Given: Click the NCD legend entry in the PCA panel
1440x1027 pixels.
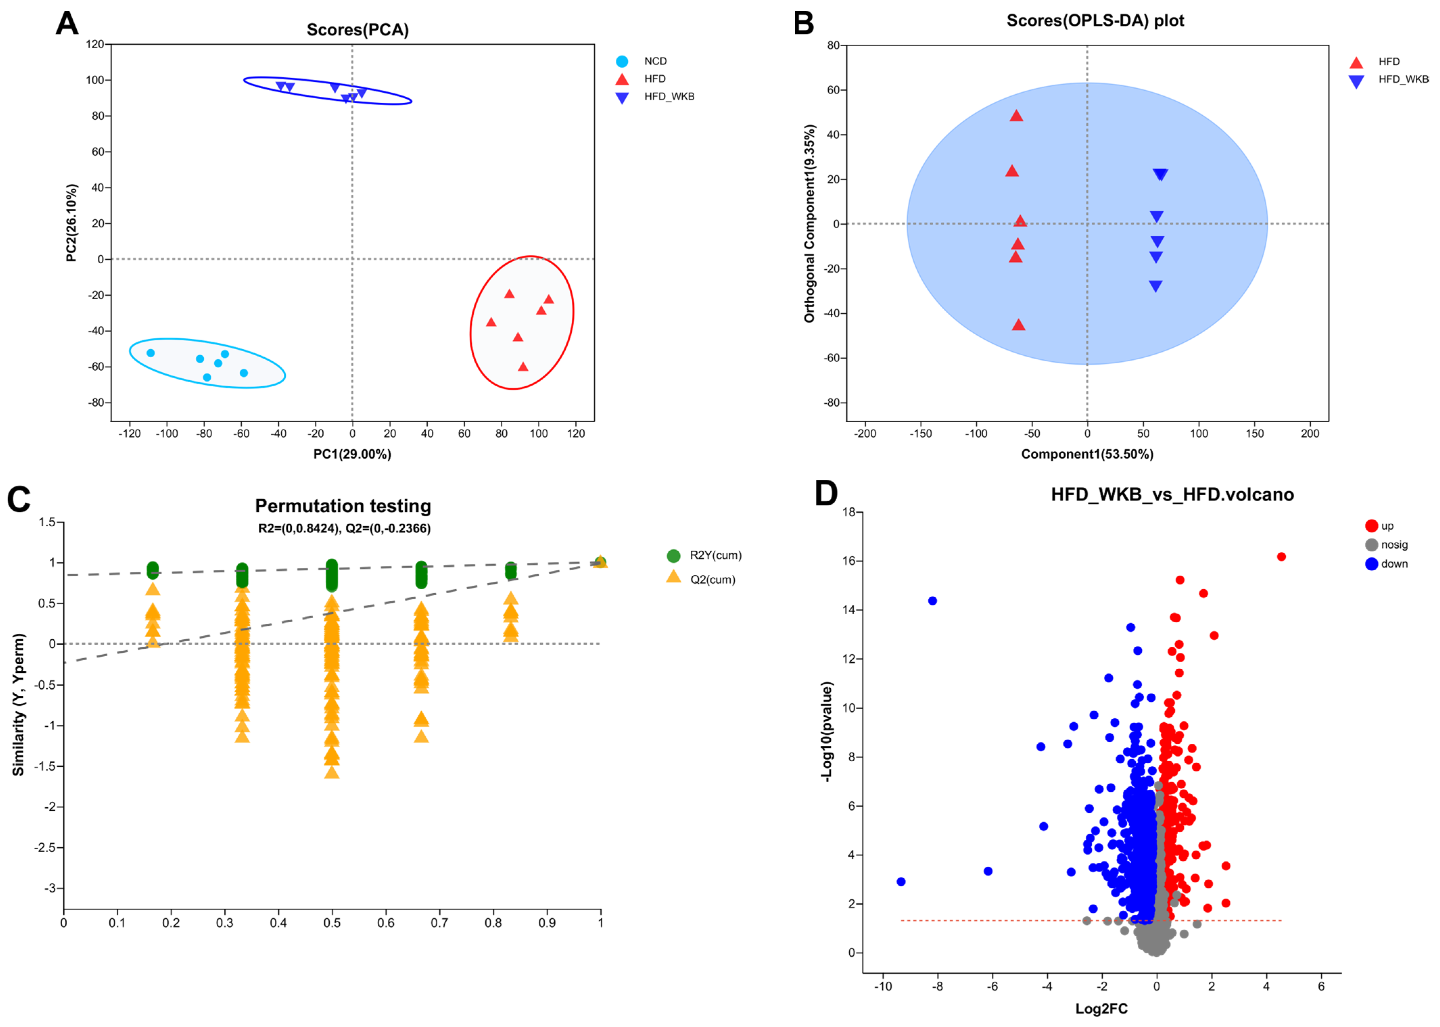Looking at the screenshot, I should (x=655, y=61).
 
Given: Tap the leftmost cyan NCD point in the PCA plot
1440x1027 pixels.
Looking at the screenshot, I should (x=150, y=353).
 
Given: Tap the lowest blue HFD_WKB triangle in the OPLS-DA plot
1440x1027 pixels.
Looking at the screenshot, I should (x=1155, y=286).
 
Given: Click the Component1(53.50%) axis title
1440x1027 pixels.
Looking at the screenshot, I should (x=1087, y=454).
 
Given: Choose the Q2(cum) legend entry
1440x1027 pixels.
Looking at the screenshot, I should (x=712, y=579).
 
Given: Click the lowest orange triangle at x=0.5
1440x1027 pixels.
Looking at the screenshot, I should (x=332, y=772).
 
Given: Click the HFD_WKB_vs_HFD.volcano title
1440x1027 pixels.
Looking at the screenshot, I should (x=1172, y=495).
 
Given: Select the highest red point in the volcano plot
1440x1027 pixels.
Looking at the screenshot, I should (x=1281, y=556).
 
